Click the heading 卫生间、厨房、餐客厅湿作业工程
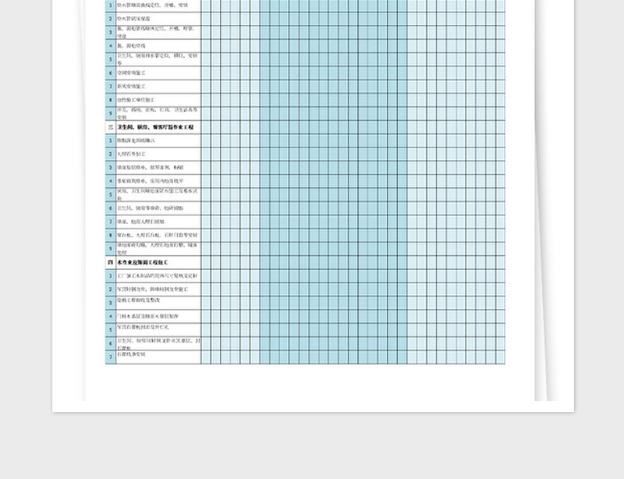tap(155, 126)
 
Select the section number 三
tap(110, 126)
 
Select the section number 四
tap(110, 263)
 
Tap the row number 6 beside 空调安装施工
tap(111, 73)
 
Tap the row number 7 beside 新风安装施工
tap(111, 86)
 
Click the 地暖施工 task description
tap(136, 100)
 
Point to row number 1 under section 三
tap(111, 140)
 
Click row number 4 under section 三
tap(111, 181)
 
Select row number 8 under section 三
tap(111, 235)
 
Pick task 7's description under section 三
tap(140, 222)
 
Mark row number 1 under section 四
tap(111, 276)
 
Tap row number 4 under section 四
tap(111, 316)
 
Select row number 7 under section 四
tap(111, 357)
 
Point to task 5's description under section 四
tap(147, 328)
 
